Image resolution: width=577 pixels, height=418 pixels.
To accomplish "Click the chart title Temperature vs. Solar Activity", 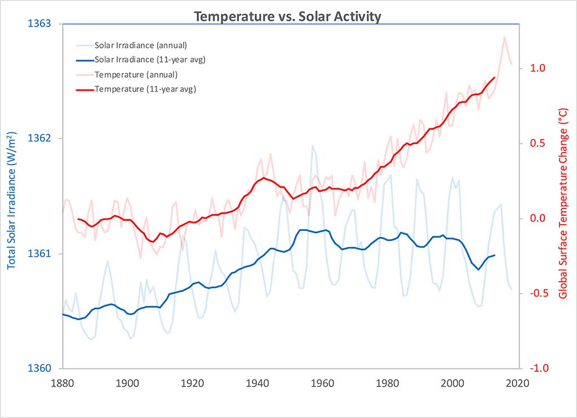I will [x=288, y=16].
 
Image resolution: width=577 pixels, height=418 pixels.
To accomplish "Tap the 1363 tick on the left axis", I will [x=39, y=24].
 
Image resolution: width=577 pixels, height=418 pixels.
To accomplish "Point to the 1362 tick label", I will [x=39, y=139].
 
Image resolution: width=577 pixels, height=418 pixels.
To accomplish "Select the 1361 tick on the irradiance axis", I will [x=39, y=254].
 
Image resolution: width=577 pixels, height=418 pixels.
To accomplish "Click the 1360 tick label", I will [x=39, y=368].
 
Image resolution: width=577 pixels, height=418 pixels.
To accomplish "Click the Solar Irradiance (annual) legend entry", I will [x=140, y=45].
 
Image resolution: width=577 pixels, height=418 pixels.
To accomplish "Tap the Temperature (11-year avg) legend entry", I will [x=145, y=89].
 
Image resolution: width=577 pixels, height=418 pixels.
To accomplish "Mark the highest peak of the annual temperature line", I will [x=504, y=37].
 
